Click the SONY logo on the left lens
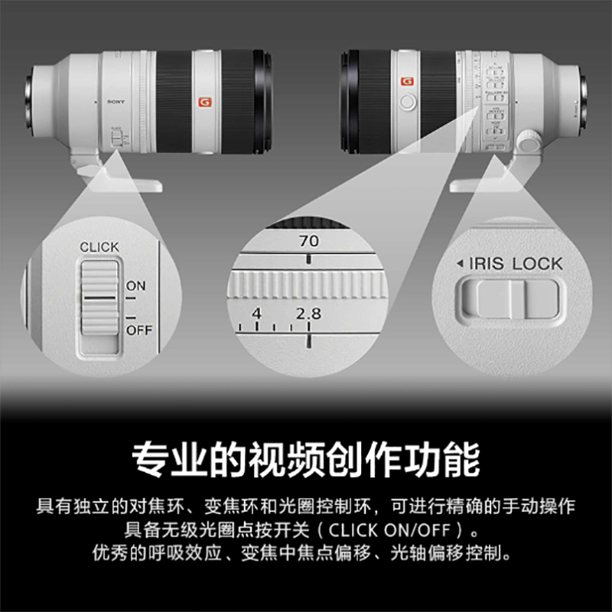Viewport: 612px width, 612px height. coord(116,101)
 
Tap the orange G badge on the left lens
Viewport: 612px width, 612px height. coord(204,101)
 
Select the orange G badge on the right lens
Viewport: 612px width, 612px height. coord(406,79)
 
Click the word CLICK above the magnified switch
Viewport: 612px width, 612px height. coord(99,247)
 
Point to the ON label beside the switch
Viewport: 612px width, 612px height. coord(135,286)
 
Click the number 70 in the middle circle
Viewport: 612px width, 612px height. coord(309,241)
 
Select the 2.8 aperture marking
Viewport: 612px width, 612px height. coord(309,314)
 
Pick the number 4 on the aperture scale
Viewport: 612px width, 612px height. coord(256,314)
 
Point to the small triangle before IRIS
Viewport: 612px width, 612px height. coord(459,264)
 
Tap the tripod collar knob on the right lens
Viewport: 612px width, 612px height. coord(527,141)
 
